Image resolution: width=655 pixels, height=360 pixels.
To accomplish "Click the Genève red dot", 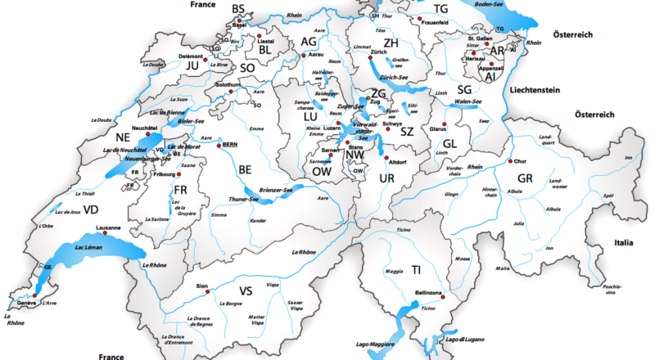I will point(34,295).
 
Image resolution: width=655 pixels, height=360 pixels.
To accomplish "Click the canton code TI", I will point(417,269).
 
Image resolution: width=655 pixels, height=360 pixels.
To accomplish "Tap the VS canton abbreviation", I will point(246,290).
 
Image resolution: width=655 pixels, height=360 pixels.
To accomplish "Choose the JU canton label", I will point(192,65).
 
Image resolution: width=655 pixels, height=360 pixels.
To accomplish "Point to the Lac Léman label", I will point(89,246).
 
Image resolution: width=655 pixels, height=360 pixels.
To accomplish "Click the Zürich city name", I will point(378,52).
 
